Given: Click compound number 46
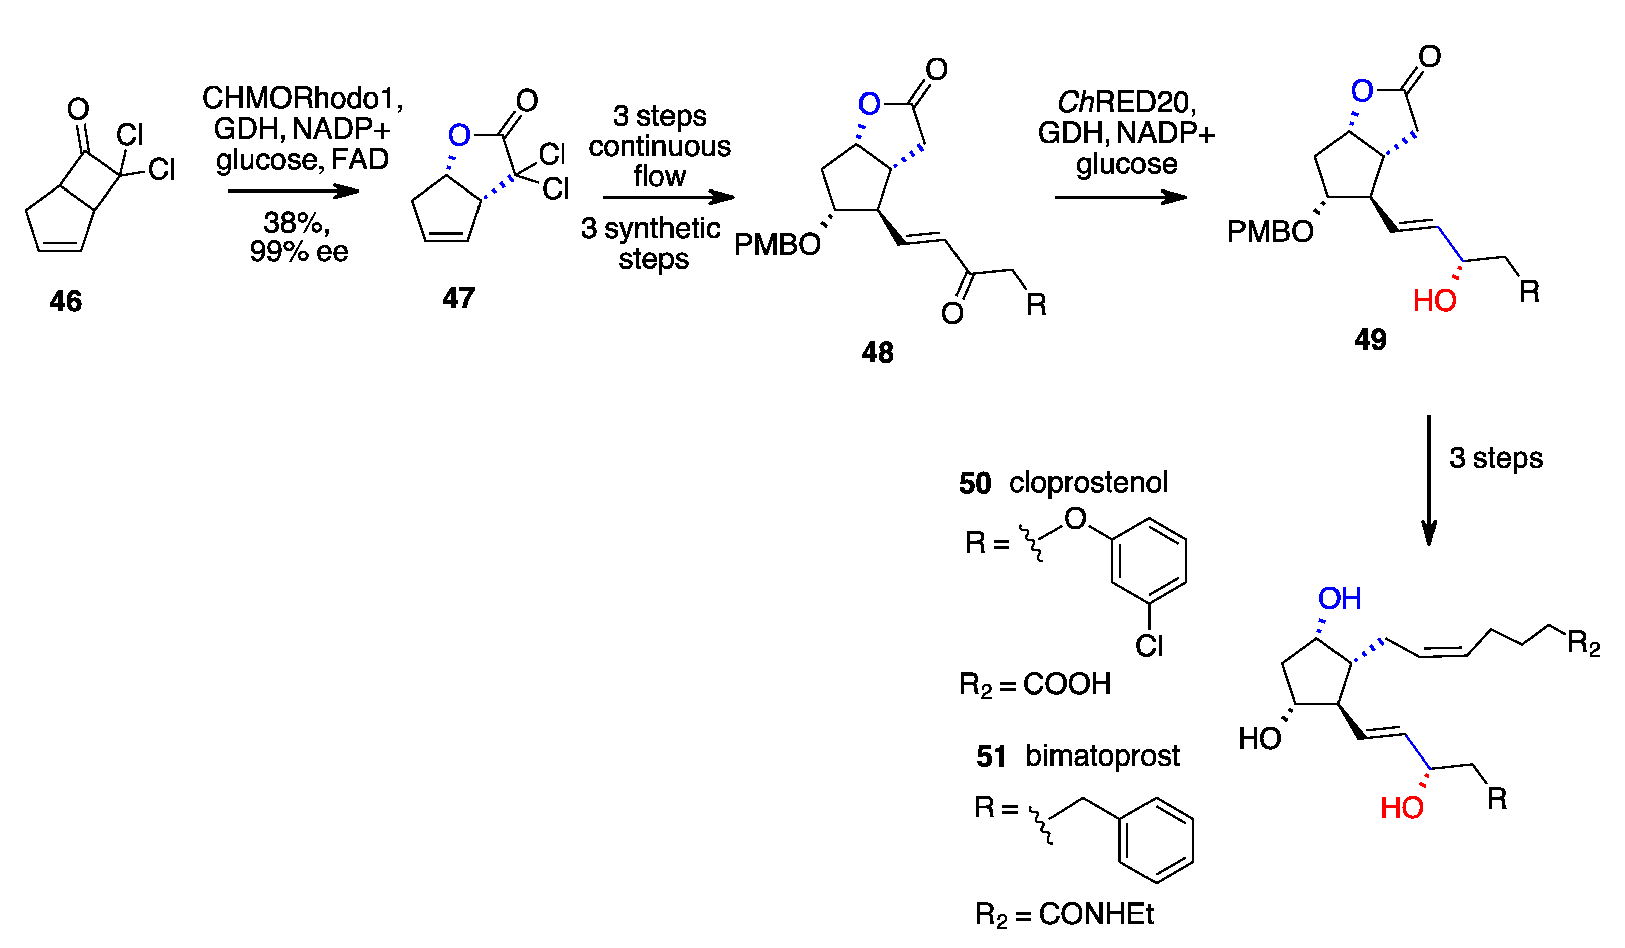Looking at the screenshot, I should (66, 301).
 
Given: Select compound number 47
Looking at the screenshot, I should (458, 298).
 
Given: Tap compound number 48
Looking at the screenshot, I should (877, 353).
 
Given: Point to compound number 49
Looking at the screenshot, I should (1370, 339).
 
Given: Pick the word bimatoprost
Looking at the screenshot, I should (1102, 756).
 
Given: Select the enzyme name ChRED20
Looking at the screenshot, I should (1125, 102).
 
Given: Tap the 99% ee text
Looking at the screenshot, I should (299, 251).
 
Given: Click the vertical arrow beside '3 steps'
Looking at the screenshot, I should (1429, 481).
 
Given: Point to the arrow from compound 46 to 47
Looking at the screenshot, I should (294, 191).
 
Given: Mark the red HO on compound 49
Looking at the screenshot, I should (1434, 301).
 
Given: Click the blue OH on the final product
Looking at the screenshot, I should (1340, 599).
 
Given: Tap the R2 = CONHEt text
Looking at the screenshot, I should (1064, 914).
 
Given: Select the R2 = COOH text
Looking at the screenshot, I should (1034, 684).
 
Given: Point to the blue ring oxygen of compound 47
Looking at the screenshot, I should (459, 135).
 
